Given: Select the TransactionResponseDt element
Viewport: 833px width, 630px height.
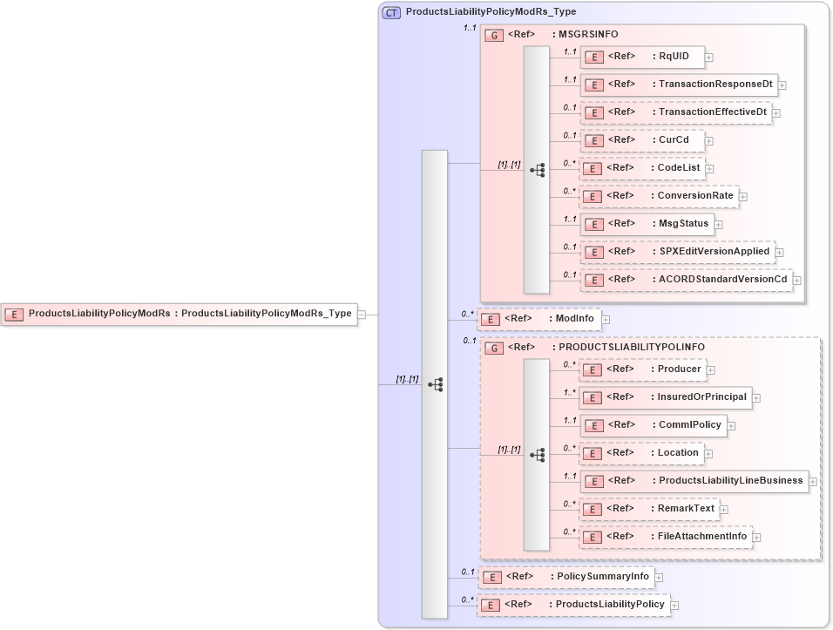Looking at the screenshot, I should pyautogui.click(x=679, y=85).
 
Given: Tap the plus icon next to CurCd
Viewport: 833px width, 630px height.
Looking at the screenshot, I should pyautogui.click(x=709, y=140).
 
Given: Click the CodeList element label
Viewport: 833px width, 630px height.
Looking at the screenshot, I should pyautogui.click(x=679, y=168).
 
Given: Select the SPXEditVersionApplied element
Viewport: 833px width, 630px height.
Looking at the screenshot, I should pyautogui.click(x=677, y=252).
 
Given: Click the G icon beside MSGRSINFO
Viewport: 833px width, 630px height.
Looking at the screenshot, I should pyautogui.click(x=494, y=35).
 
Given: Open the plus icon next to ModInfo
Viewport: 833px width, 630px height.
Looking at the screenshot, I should pyautogui.click(x=606, y=320).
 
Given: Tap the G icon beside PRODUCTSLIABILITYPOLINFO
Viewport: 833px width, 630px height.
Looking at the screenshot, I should pyautogui.click(x=494, y=348).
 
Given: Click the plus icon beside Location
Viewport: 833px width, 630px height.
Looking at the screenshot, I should pyautogui.click(x=709, y=453).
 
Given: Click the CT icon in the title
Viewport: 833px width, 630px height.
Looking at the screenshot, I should pyautogui.click(x=391, y=12).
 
